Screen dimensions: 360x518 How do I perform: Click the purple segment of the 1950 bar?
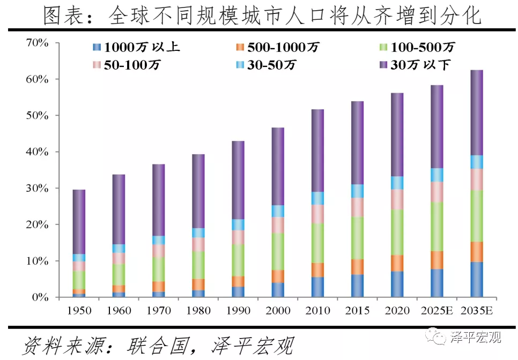[x=79, y=221]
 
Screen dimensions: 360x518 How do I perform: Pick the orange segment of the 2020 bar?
[x=397, y=263]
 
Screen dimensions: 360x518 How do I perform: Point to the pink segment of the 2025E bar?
[x=437, y=192]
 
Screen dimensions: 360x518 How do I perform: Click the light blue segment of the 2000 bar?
[x=278, y=211]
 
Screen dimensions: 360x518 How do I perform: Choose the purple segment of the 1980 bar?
[x=198, y=191]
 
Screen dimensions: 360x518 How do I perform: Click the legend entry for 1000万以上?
[x=137, y=47]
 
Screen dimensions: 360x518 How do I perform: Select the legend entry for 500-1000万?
[x=277, y=47]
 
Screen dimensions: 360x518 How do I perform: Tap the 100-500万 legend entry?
[x=416, y=47]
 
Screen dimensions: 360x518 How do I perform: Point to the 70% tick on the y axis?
[x=37, y=43]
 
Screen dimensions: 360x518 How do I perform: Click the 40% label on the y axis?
[x=37, y=152]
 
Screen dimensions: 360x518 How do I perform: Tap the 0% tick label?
[x=40, y=297]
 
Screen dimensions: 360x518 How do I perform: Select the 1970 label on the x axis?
[x=158, y=311]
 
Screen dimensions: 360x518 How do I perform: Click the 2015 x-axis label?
[x=357, y=311]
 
